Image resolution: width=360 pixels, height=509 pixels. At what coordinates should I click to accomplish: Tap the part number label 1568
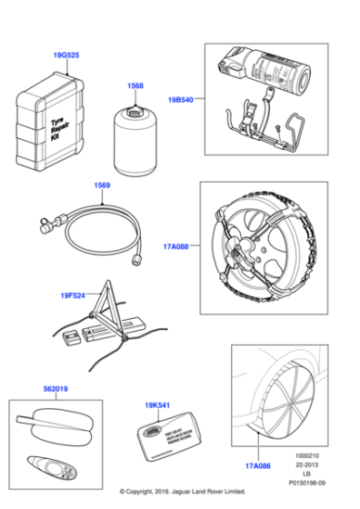click(x=135, y=86)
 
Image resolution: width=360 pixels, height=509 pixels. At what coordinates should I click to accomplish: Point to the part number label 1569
click(x=103, y=185)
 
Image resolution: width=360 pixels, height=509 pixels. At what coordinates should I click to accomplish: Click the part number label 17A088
click(x=176, y=245)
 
